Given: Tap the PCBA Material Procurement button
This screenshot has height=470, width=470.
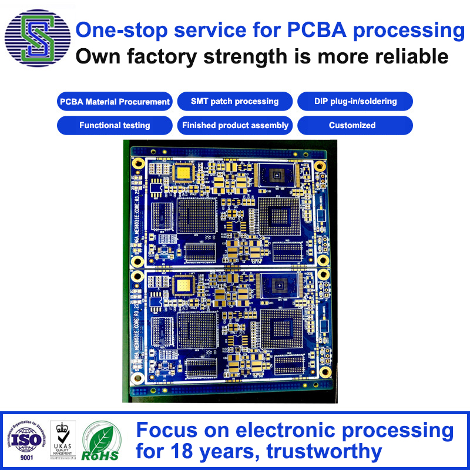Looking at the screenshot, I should pyautogui.click(x=115, y=102).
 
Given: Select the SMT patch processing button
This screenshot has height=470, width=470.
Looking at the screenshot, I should pyautogui.click(x=235, y=101).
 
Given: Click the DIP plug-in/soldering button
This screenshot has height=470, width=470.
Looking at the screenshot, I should pyautogui.click(x=355, y=101).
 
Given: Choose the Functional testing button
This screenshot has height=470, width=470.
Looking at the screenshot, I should pyautogui.click(x=115, y=125).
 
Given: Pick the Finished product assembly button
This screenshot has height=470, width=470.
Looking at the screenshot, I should pyautogui.click(x=235, y=125).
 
